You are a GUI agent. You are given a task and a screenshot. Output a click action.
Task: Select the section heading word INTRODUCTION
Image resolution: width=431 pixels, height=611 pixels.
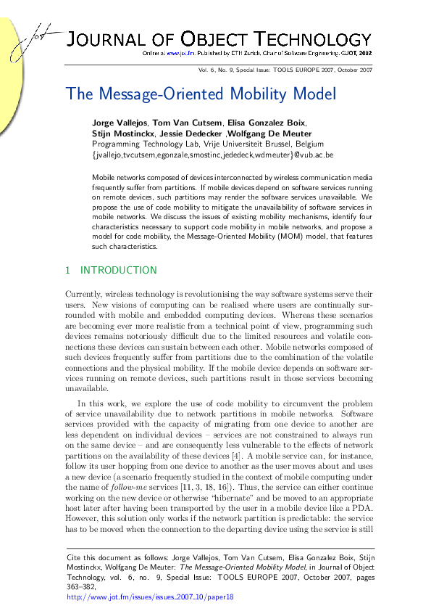coord(118,271)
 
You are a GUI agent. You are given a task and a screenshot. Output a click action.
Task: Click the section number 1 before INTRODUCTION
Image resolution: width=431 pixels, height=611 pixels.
coord(68,271)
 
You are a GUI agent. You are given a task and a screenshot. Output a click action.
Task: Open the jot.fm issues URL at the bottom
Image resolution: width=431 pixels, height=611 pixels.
coord(151,598)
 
